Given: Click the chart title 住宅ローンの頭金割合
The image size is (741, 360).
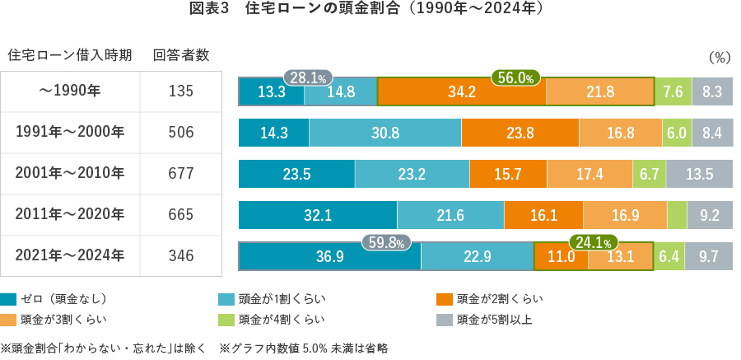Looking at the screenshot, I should [x=370, y=11].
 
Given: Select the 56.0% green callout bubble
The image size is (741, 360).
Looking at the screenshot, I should [x=515, y=77].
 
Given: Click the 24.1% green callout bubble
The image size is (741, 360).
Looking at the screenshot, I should [x=594, y=243].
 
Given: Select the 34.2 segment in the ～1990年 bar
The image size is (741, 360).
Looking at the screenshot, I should [x=461, y=92].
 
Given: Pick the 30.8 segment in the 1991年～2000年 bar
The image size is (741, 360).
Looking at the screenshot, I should [x=384, y=133].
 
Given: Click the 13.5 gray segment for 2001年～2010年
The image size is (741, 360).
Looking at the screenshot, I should [x=699, y=174].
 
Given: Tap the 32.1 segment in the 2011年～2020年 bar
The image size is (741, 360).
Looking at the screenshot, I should [x=317, y=215].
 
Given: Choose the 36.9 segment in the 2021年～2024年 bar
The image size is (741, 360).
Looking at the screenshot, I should [x=329, y=256].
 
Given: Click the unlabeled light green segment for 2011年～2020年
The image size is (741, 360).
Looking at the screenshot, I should [x=677, y=215].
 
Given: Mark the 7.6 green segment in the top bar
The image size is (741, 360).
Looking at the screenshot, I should [x=673, y=92].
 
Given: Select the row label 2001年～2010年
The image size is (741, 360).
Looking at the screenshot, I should [x=70, y=174].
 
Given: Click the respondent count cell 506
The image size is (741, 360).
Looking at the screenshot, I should [x=180, y=133].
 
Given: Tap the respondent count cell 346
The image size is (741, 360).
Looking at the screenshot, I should [x=180, y=256].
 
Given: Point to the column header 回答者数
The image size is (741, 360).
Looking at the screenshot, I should [x=180, y=55].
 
